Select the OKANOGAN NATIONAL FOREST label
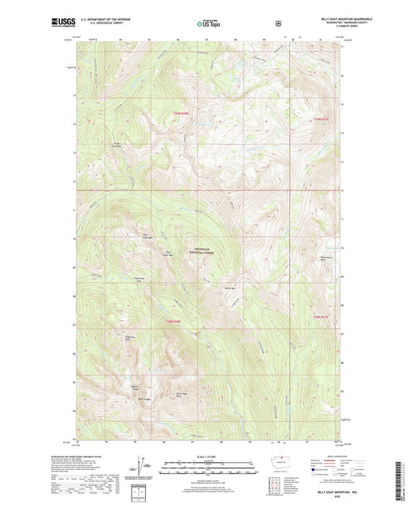206,252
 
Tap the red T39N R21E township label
319,120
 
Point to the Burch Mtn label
230,290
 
